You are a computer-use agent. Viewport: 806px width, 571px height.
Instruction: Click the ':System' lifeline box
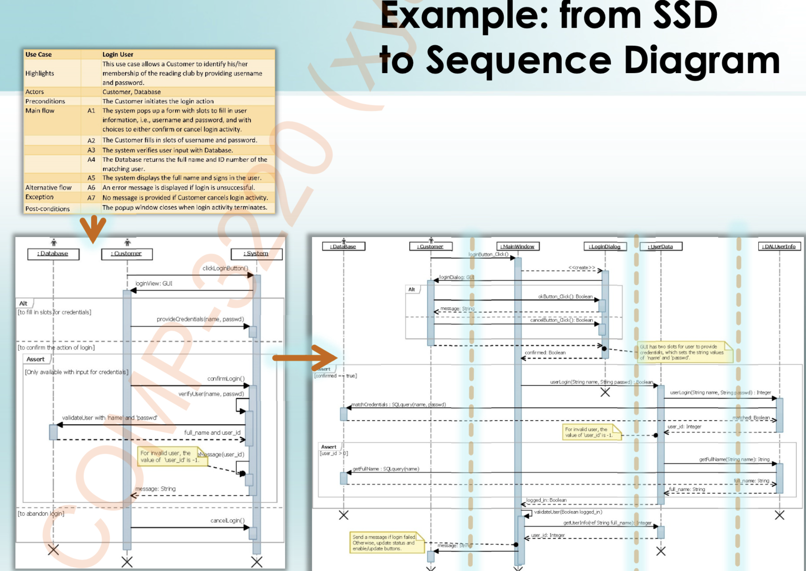(x=257, y=254)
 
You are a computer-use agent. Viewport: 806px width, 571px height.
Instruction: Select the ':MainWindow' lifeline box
(x=518, y=247)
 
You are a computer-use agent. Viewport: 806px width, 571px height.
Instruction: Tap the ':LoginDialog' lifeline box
(x=605, y=247)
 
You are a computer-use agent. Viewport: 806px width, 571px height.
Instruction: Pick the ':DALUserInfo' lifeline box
(x=779, y=247)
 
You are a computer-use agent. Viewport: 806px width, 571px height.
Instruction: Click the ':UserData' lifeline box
(x=661, y=247)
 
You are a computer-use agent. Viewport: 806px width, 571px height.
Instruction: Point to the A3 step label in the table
(x=91, y=150)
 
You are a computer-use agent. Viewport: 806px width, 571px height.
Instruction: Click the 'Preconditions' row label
(x=45, y=101)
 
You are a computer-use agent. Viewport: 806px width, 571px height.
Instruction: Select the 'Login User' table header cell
(x=118, y=54)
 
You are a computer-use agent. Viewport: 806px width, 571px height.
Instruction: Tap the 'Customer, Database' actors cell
(x=131, y=92)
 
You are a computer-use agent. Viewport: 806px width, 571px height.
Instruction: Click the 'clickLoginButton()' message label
(x=225, y=268)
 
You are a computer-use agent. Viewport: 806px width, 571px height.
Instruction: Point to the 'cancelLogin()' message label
(x=227, y=521)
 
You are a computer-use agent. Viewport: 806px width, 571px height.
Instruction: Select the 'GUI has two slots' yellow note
(x=684, y=352)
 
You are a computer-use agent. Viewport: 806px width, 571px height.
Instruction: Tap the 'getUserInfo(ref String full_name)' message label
(x=607, y=523)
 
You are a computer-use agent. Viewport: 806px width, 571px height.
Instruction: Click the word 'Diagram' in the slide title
(x=702, y=61)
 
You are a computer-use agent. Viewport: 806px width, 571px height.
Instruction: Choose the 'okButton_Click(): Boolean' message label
(x=565, y=297)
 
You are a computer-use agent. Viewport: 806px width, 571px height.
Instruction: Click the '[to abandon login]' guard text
(x=41, y=513)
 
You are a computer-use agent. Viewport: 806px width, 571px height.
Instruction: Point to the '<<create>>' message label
(x=581, y=268)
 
